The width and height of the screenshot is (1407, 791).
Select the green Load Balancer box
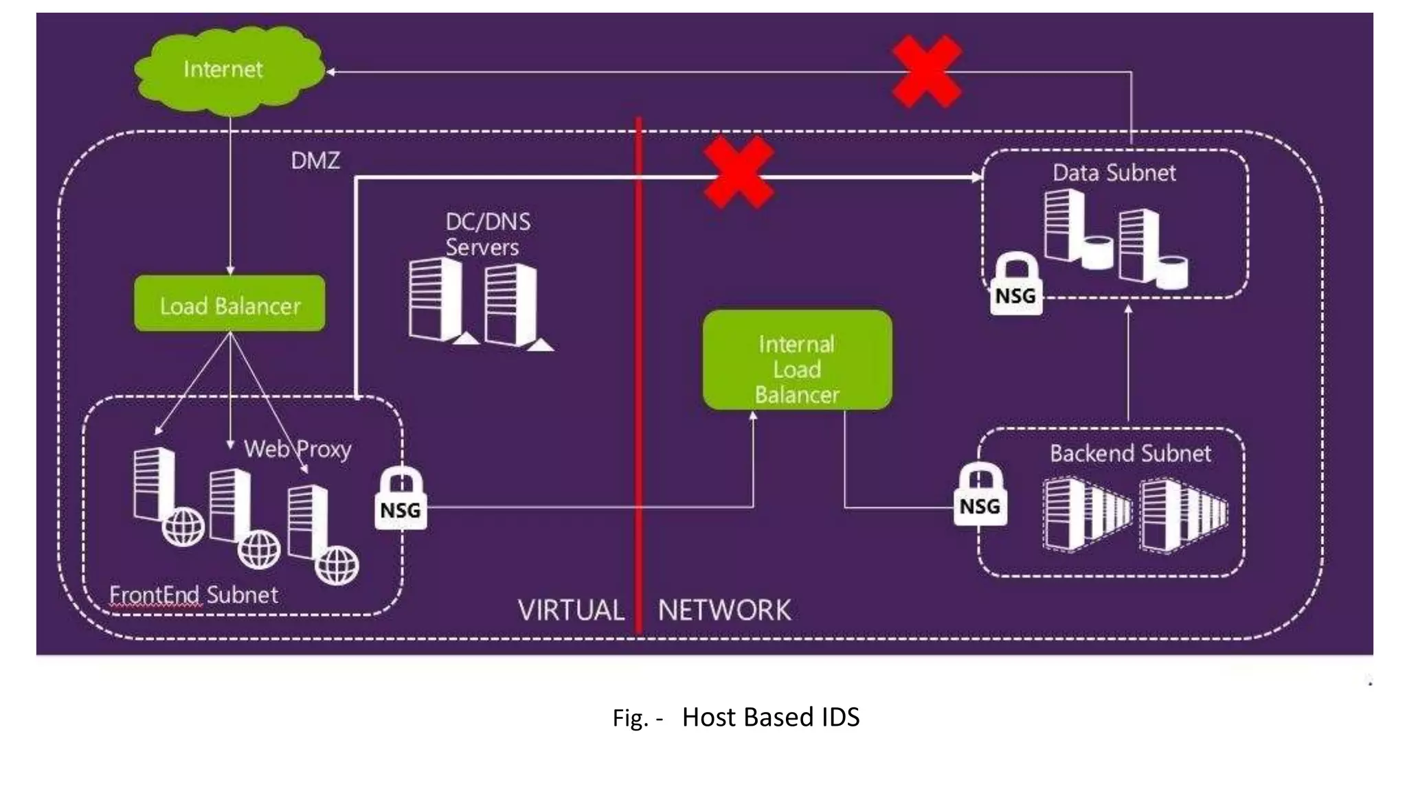coord(229,304)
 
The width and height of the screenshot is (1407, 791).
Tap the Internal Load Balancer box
coord(797,360)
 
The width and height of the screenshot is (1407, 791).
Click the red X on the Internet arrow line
coord(926,71)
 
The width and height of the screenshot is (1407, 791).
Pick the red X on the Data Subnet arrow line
coord(739,173)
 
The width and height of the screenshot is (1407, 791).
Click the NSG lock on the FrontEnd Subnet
coord(401,500)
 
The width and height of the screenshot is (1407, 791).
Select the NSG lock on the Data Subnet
coord(1015,286)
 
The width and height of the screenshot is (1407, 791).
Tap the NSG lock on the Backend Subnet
coord(980,496)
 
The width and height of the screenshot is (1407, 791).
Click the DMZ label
coord(315,161)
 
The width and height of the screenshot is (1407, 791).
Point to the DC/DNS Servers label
coord(487,234)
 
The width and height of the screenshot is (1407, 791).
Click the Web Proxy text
coord(297,449)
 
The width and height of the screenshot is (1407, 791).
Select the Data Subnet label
coord(1114,172)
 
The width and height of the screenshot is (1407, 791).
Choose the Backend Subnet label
coord(1130,453)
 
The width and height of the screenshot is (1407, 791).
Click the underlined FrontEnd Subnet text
coord(194,595)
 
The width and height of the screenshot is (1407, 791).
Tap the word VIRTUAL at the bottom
coord(571,610)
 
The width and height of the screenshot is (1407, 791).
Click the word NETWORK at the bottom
coord(724,610)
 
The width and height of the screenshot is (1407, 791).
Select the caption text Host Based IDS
coord(770,717)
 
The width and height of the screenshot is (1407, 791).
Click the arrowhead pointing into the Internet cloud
coord(330,71)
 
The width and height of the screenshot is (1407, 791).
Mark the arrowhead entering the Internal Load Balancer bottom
coord(753,416)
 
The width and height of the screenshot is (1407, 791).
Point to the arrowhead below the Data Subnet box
coord(1128,310)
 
